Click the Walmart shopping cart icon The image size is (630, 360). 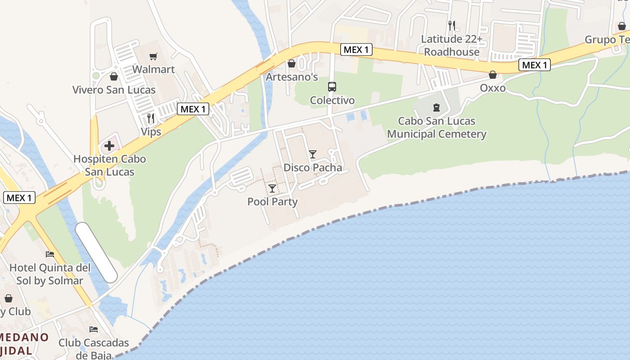[153, 56]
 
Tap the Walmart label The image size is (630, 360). [153, 70]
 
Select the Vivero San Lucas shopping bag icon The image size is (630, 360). [114, 76]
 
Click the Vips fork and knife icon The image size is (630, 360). [151, 118]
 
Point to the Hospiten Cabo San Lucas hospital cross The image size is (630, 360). [109, 146]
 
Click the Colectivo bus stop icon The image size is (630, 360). [332, 87]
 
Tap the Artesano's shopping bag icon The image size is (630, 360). [292, 63]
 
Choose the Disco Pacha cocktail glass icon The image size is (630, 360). [313, 154]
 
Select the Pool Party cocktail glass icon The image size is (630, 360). [272, 188]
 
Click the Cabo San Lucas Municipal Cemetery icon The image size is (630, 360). [436, 108]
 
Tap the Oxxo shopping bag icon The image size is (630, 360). [493, 75]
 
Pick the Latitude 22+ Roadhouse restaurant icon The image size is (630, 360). [452, 26]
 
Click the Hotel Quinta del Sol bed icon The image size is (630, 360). [50, 254]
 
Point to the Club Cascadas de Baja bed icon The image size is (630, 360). [94, 329]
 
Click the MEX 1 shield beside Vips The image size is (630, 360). [193, 109]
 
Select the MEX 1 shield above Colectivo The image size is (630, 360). [356, 49]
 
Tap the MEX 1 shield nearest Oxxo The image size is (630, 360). [535, 65]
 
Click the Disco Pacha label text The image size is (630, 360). [313, 168]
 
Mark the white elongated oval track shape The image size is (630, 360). [96, 252]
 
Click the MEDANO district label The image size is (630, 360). [25, 337]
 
